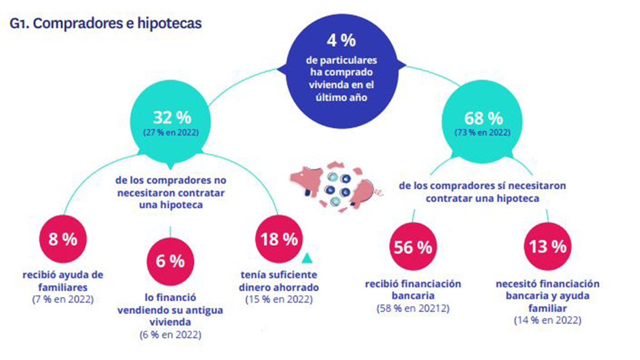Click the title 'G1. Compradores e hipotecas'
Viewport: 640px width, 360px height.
click(106, 25)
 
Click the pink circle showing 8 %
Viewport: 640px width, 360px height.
click(62, 239)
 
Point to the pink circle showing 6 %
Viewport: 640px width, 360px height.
click(170, 261)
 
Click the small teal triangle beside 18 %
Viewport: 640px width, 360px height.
click(307, 259)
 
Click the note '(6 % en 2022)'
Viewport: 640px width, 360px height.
click(170, 335)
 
